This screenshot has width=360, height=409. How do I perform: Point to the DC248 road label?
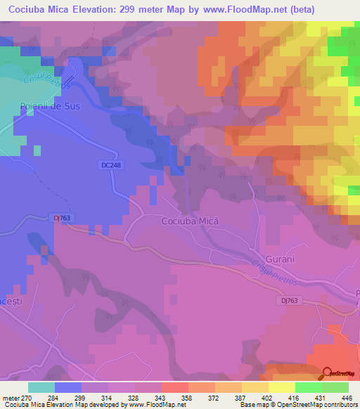point(108,164)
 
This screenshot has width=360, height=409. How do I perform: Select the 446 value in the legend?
point(346,398)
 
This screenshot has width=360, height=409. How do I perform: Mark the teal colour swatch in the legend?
point(41,387)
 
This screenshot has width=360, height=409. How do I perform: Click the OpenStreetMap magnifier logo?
point(328,374)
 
